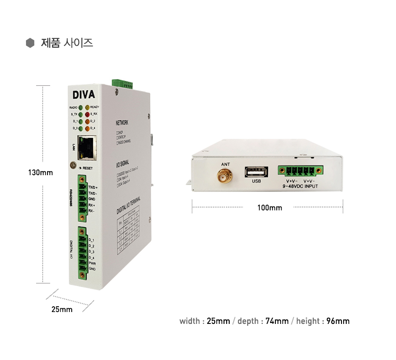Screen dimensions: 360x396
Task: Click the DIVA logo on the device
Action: coord(84,95)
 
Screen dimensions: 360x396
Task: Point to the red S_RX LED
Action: coord(88,114)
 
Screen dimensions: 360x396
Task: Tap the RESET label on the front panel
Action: coord(88,168)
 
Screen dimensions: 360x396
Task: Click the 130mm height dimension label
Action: coord(40,173)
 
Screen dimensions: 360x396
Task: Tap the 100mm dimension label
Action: coord(270,208)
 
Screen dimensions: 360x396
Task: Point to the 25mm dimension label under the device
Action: coord(62,309)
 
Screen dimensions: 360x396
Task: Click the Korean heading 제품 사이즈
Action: coord(67,43)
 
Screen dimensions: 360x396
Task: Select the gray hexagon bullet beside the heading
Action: coord(30,43)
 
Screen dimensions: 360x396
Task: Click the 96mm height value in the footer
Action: coord(338,321)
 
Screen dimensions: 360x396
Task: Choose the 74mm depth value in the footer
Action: coord(277,321)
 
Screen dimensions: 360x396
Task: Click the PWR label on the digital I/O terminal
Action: coord(92,263)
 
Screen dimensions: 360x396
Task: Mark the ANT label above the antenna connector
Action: coord(225,165)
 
